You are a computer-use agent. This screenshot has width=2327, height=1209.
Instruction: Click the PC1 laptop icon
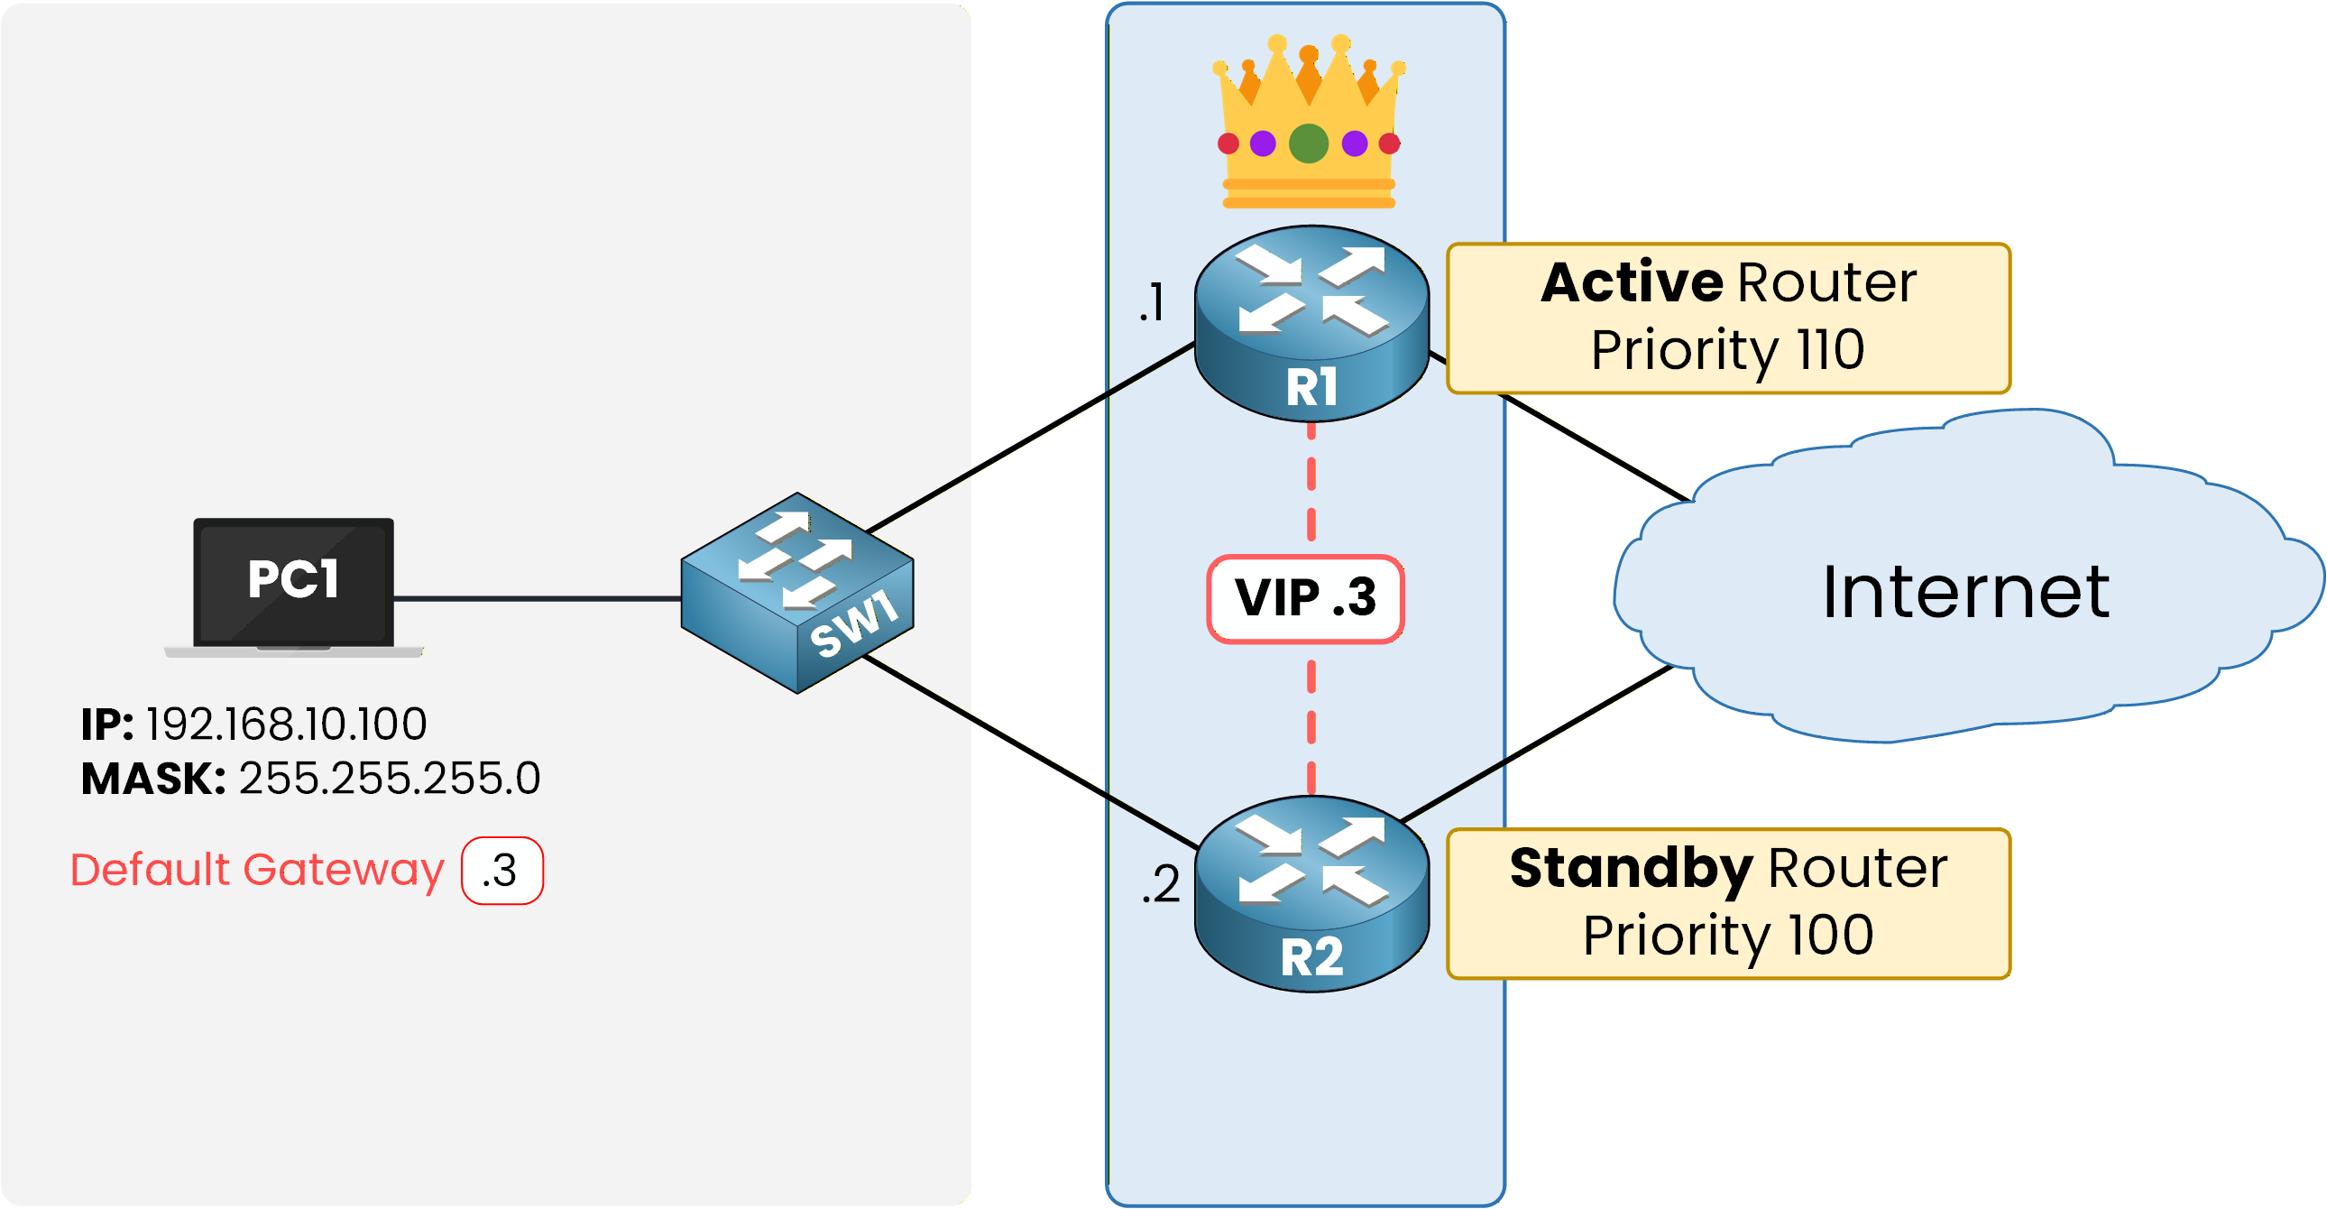coord(294,586)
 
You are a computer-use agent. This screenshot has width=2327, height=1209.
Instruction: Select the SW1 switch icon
coord(796,594)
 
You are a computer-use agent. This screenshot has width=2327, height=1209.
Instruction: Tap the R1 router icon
coord(1311,323)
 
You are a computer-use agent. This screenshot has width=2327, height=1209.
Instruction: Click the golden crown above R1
coord(1308,122)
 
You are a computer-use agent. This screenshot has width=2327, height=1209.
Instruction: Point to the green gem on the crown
coord(1308,143)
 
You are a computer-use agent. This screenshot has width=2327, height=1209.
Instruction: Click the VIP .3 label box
coord(1305,599)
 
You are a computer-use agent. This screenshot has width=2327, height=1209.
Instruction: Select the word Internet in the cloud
coord(1965,593)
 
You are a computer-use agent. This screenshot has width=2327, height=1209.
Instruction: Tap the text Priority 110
coord(1727,351)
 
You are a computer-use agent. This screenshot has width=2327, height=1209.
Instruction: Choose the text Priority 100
coord(1727,936)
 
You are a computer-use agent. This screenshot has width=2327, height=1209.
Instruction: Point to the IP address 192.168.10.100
coord(286,724)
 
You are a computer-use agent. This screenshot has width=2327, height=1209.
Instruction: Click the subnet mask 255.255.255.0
coord(390,778)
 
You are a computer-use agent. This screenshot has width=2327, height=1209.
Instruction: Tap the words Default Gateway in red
coord(257,869)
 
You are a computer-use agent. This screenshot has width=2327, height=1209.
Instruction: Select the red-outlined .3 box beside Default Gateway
coord(501,870)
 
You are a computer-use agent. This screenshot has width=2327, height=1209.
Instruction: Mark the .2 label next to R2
coord(1160,883)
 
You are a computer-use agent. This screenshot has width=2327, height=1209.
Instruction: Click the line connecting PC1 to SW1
coord(538,598)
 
